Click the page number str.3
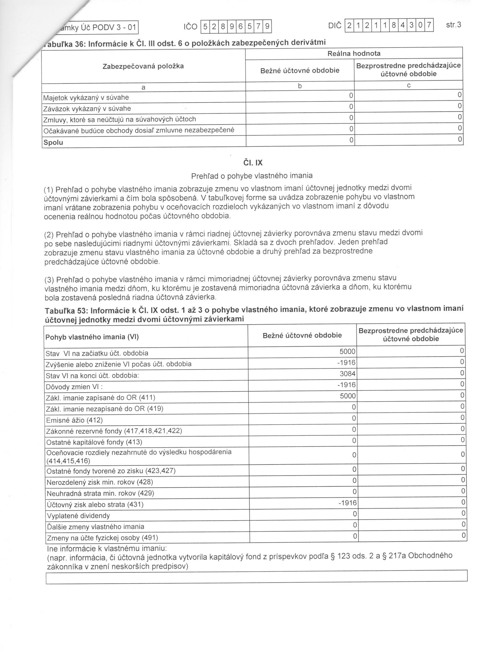click(453, 25)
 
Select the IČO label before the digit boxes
click(190, 27)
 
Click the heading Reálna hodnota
click(354, 54)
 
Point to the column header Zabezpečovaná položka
click(143, 66)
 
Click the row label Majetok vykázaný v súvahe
click(86, 98)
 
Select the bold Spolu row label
click(53, 142)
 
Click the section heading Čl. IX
click(253, 163)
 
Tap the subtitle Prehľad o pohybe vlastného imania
click(252, 176)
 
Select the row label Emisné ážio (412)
click(74, 420)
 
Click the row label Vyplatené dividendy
click(78, 516)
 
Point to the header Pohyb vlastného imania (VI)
click(92, 337)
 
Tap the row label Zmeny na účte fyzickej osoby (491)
click(102, 538)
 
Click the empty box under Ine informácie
click(256, 576)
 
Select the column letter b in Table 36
click(300, 86)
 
